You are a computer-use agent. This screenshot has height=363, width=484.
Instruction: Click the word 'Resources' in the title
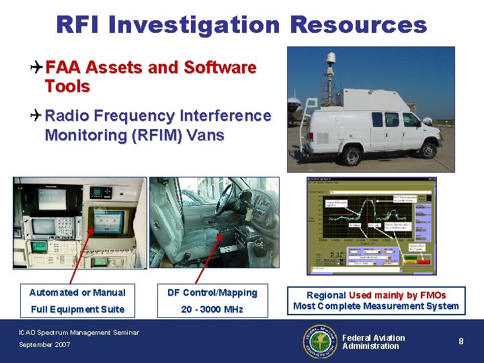(358, 25)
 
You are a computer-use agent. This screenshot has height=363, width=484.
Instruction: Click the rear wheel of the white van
(351, 155)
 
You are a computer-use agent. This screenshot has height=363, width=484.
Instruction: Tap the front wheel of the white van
(428, 151)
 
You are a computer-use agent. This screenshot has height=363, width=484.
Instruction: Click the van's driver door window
(410, 120)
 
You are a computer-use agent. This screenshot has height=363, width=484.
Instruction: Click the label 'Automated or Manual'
(77, 292)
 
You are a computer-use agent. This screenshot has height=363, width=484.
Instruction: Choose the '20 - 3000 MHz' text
(212, 309)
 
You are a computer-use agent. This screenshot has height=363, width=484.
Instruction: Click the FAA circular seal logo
(321, 341)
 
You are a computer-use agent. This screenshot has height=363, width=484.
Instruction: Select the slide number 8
(461, 341)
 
